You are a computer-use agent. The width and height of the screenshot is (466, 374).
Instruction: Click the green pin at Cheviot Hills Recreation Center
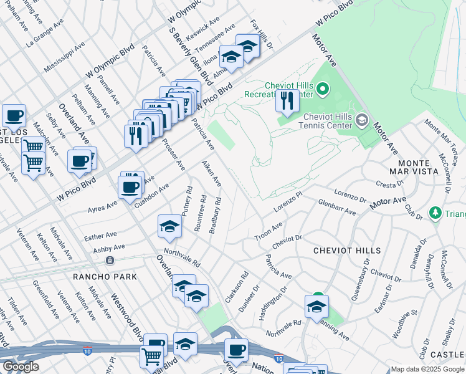click(322, 90)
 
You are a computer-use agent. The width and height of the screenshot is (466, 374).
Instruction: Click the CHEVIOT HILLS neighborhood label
click(347, 251)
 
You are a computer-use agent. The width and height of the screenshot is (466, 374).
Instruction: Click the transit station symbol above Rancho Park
click(110, 259)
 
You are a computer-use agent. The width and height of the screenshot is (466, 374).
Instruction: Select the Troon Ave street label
click(269, 231)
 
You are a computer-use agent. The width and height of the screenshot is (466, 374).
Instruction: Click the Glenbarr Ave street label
click(336, 208)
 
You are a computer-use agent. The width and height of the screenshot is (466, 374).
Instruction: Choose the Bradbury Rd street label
click(216, 216)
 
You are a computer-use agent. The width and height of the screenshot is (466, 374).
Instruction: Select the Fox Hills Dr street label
click(262, 34)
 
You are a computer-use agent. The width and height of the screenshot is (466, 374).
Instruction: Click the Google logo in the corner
click(21, 367)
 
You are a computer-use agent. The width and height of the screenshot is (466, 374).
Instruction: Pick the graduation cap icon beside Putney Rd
click(169, 228)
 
